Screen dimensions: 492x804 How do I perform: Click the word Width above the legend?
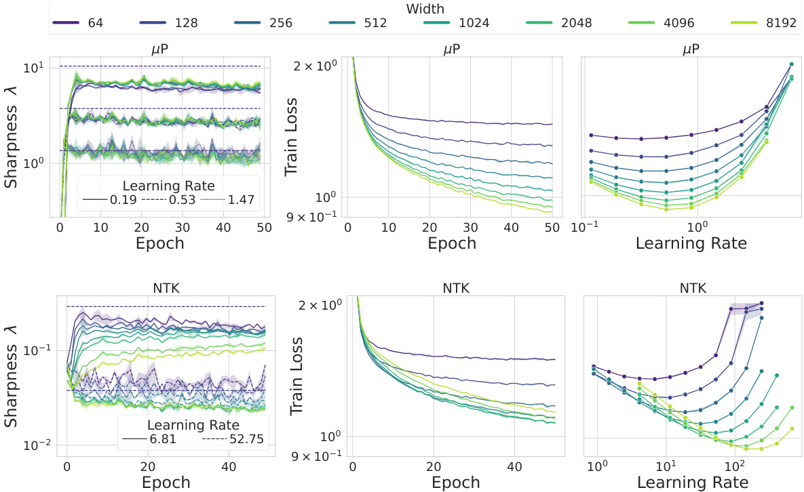pyautogui.click(x=425, y=9)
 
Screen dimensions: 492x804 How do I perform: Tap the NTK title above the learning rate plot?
pyautogui.click(x=693, y=288)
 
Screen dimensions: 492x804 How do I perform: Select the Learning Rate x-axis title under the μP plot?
pyautogui.click(x=691, y=243)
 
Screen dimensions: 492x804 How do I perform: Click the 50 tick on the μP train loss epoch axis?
pyautogui.click(x=551, y=226)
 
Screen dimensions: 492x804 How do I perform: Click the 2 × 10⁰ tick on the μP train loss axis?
pyautogui.click(x=320, y=66)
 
